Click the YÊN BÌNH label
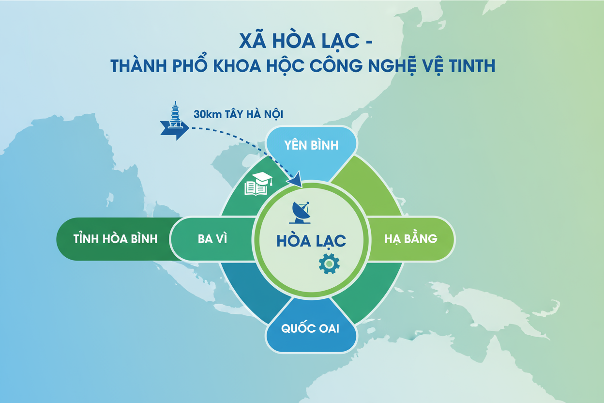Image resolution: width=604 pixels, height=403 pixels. (311, 145)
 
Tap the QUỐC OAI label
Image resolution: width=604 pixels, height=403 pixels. (310, 328)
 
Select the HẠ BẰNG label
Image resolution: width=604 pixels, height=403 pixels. (411, 239)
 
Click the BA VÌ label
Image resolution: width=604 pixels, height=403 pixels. (212, 239)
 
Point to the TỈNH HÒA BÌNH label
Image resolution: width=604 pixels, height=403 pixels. (115, 239)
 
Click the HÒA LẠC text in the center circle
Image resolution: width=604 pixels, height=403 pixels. (312, 240)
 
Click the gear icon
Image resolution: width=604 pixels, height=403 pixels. (329, 263)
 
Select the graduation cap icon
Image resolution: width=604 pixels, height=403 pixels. (262, 179)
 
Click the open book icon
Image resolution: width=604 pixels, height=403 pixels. (256, 188)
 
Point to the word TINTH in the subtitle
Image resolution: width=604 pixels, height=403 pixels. (469, 65)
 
